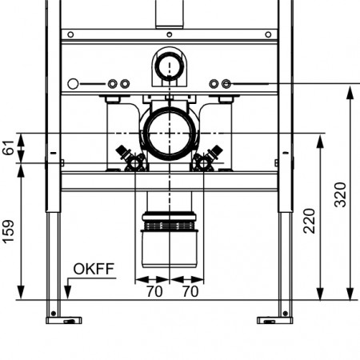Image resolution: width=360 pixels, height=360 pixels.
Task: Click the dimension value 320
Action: pyautogui.click(x=341, y=194)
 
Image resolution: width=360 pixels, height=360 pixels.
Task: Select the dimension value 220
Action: pyautogui.click(x=310, y=221)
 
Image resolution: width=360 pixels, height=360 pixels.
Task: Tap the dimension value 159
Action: pyautogui.click(x=9, y=231)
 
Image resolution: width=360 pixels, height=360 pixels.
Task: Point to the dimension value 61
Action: pyautogui.click(x=9, y=147)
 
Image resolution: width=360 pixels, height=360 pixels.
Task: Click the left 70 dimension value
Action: pyautogui.click(x=154, y=291)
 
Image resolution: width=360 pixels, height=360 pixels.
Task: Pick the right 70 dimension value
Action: pyautogui.click(x=190, y=291)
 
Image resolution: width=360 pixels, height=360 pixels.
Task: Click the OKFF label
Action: pyautogui.click(x=94, y=269)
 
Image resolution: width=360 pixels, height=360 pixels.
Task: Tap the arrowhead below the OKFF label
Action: pyautogui.click(x=68, y=293)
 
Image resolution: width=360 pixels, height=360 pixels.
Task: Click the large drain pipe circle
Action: pyautogui.click(x=170, y=134)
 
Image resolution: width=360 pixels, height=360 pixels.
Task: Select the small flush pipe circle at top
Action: pyautogui.click(x=170, y=66)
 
